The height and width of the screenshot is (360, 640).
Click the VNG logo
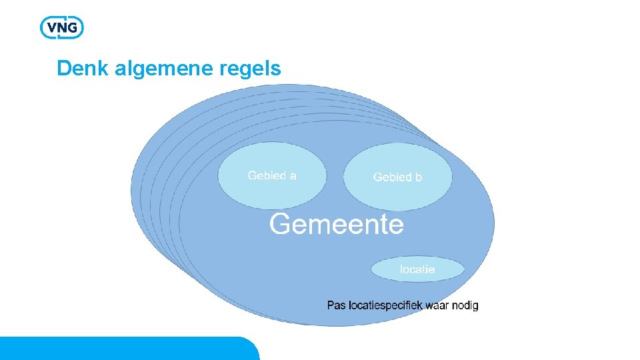(62, 27)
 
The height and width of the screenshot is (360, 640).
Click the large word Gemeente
(336, 224)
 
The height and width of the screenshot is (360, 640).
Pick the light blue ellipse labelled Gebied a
(272, 176)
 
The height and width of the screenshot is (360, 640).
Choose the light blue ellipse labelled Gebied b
(397, 177)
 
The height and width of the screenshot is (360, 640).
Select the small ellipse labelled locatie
(417, 269)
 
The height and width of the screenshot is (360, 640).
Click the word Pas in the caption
(336, 305)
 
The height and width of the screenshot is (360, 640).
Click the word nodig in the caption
(465, 305)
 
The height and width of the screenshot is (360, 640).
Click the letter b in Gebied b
(418, 177)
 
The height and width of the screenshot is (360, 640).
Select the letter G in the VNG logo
(74, 28)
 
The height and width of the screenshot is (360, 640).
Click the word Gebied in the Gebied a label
(266, 176)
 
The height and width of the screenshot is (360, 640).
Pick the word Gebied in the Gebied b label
(392, 177)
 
